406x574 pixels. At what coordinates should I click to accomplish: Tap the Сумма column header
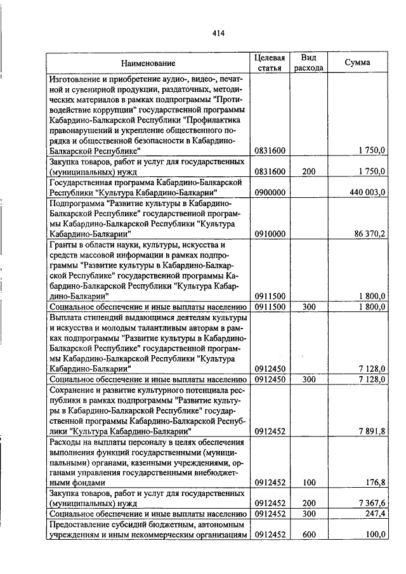coord(357,63)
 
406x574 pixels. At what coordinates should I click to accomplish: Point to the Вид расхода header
coord(309,63)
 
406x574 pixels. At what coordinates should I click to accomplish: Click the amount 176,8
coord(375,482)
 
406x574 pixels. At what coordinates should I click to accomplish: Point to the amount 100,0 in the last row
coord(375,534)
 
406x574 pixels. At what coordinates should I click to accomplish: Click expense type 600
coord(309,534)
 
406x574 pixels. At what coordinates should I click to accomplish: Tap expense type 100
coord(309,482)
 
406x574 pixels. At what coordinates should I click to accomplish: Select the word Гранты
coord(63,244)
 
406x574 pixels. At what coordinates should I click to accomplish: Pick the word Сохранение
coord(73,390)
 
